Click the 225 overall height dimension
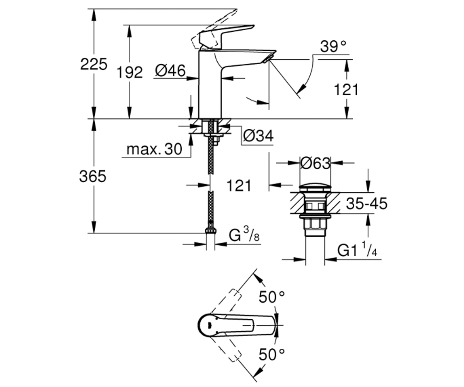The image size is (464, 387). pyautogui.click(x=94, y=65)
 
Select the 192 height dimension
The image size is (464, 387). pyautogui.click(x=130, y=72)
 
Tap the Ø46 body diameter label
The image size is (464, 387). pyautogui.click(x=170, y=71)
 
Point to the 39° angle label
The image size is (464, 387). pyautogui.click(x=333, y=46)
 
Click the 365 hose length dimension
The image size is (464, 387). pyautogui.click(x=93, y=176)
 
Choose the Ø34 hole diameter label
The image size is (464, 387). pyautogui.click(x=258, y=136)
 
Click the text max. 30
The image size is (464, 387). pyautogui.click(x=154, y=149)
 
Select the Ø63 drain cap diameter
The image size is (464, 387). pyautogui.click(x=315, y=163)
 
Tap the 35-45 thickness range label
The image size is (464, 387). pyautogui.click(x=367, y=203)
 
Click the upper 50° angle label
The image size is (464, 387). pyautogui.click(x=272, y=297)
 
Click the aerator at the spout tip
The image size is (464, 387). pyautogui.click(x=268, y=58)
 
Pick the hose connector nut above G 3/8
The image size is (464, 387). pyautogui.click(x=210, y=231)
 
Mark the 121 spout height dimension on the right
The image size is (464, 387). pyautogui.click(x=346, y=90)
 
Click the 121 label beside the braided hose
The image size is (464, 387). pyautogui.click(x=239, y=185)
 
